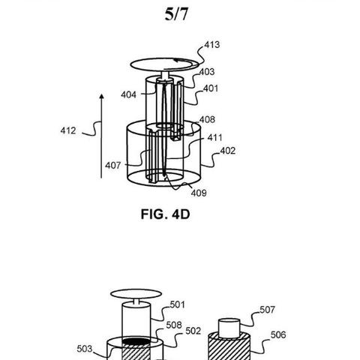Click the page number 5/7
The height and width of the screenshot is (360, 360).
click(x=176, y=14)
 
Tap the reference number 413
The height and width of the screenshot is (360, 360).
click(x=212, y=44)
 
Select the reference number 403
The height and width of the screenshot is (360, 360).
click(x=207, y=72)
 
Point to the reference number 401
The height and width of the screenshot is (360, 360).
click(x=211, y=88)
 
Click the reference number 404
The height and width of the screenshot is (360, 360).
click(x=129, y=94)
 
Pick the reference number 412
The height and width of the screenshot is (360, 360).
click(x=68, y=130)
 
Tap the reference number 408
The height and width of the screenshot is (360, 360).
click(x=207, y=119)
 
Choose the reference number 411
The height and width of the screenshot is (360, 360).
click(x=214, y=137)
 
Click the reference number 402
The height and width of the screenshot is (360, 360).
click(x=228, y=151)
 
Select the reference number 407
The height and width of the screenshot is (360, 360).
click(x=113, y=165)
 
